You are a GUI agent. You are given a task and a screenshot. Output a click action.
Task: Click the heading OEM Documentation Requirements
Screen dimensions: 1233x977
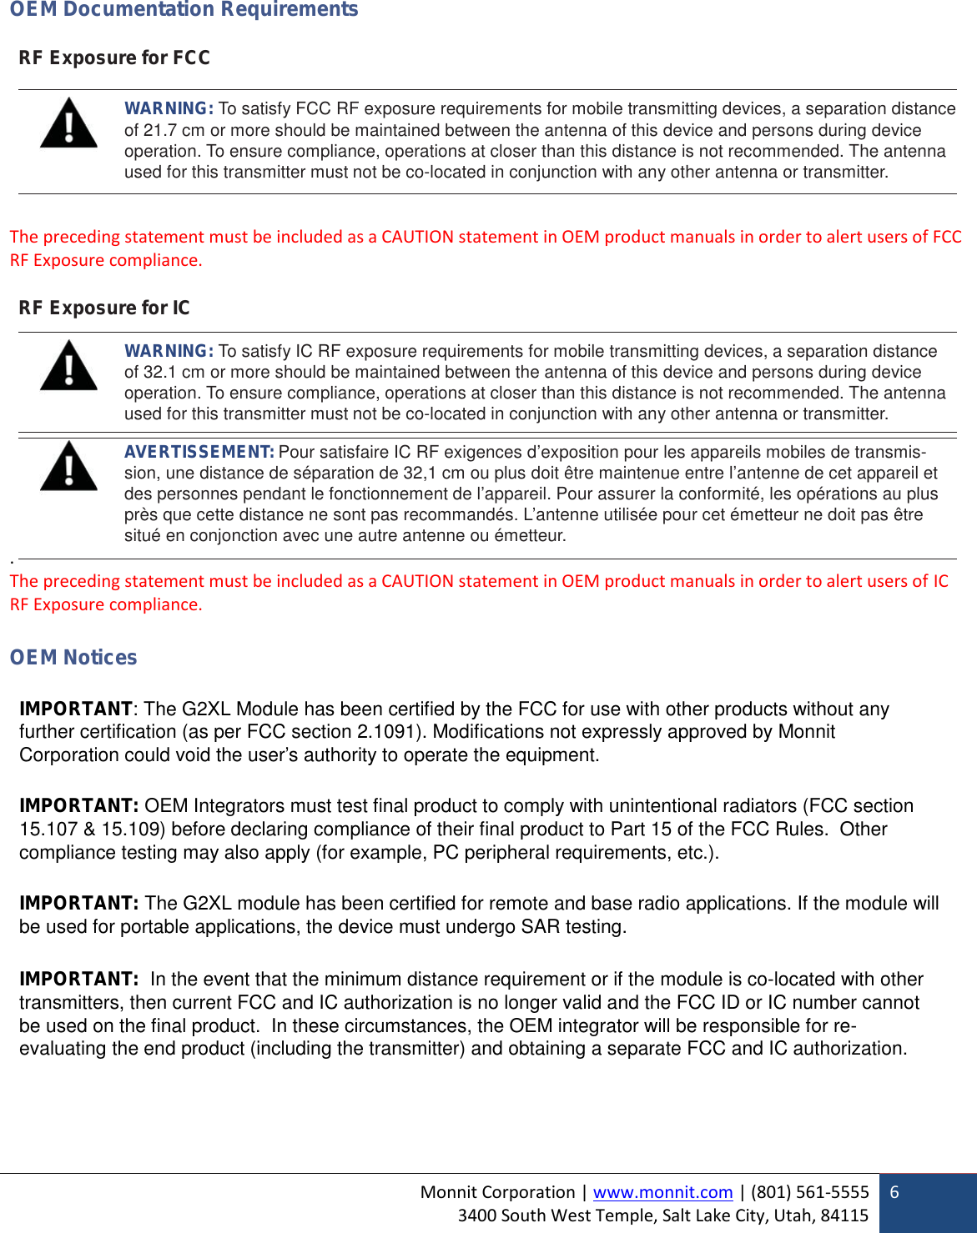pyautogui.click(x=184, y=9)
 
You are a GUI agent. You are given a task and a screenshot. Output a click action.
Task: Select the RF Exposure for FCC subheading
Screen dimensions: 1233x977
pyautogui.click(x=114, y=58)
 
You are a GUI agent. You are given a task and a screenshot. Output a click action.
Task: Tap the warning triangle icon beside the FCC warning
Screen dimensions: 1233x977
pyautogui.click(x=68, y=123)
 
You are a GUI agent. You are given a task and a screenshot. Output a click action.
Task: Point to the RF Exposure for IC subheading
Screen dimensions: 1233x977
pyautogui.click(x=104, y=308)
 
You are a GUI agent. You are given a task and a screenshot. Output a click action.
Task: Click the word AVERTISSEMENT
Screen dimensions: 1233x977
pyautogui.click(x=199, y=452)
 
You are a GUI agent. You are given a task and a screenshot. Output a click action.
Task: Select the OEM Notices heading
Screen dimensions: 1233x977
pyautogui.click(x=73, y=657)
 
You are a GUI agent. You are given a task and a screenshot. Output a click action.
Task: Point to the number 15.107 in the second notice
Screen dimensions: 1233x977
pyautogui.click(x=48, y=830)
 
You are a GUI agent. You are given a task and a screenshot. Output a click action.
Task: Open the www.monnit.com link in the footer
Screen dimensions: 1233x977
pyautogui.click(x=662, y=1192)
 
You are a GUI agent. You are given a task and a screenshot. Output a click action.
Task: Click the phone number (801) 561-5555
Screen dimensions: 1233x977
pyautogui.click(x=809, y=1192)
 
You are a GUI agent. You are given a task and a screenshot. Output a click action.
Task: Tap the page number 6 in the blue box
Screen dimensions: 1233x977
pyautogui.click(x=894, y=1192)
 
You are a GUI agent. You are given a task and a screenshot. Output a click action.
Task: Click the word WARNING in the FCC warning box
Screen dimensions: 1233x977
pyautogui.click(x=169, y=108)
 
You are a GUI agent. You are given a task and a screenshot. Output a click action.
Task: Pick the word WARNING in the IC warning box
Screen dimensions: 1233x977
pyautogui.click(x=169, y=351)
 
